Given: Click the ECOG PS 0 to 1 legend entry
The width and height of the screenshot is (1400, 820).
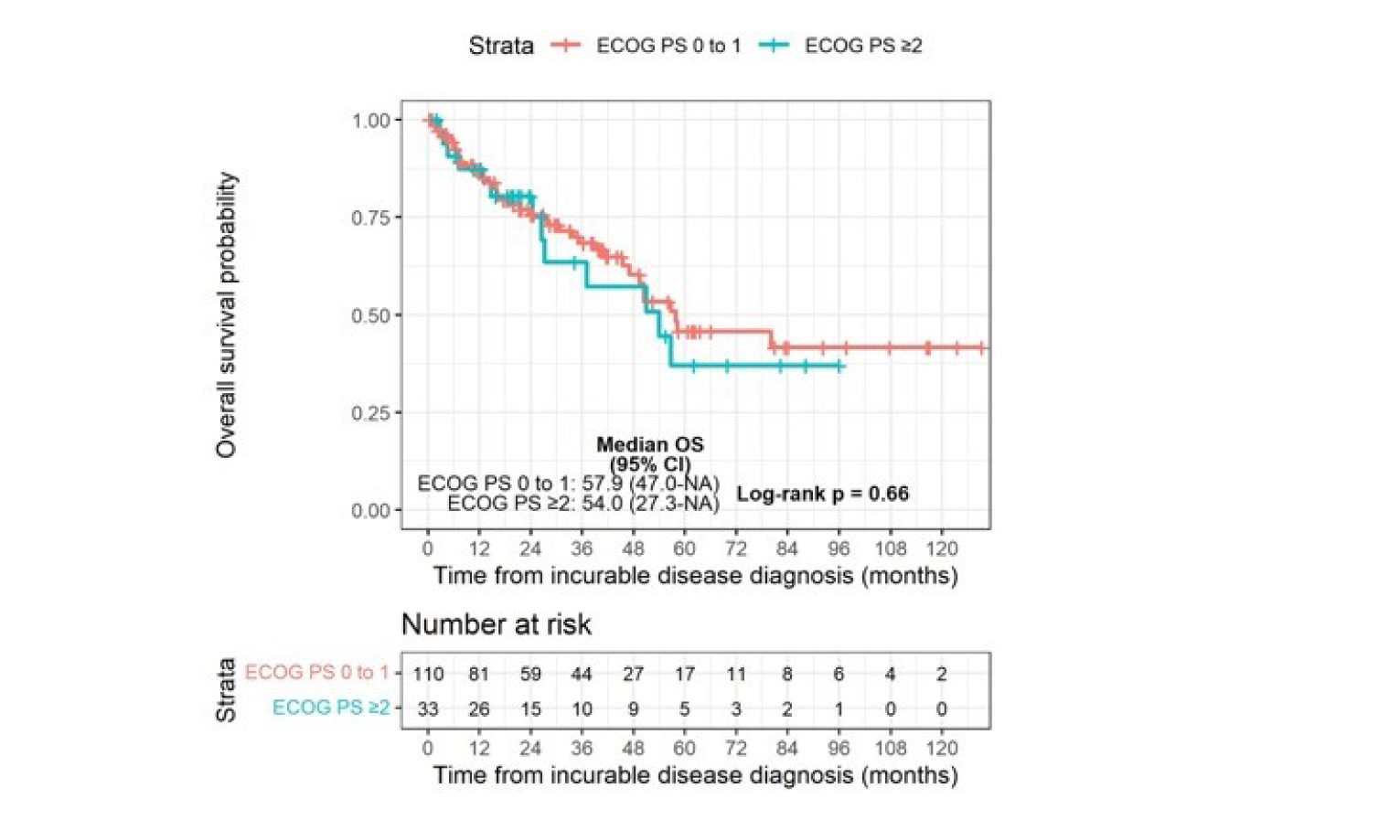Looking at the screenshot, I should [668, 46].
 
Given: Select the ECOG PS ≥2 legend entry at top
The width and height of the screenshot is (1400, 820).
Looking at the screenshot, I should [862, 46].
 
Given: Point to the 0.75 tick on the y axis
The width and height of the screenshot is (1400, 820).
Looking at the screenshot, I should [371, 218].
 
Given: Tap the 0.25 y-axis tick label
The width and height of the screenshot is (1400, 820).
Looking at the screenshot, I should [371, 413].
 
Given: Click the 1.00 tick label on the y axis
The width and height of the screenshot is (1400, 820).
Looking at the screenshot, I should [371, 121].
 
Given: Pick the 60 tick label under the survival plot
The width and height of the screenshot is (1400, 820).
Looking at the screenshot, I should [684, 548].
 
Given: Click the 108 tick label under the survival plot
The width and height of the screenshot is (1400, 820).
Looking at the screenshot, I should [890, 548].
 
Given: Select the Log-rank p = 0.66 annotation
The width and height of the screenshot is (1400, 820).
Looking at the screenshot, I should [822, 494].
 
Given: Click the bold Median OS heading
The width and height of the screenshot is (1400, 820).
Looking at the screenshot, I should [650, 445].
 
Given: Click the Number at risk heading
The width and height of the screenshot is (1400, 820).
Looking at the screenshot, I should [496, 624].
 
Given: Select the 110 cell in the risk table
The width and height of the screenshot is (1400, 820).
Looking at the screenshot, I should [428, 674].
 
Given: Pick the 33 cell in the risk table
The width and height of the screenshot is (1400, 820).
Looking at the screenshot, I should [428, 708].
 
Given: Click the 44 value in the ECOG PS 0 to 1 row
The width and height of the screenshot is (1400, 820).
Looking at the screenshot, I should [582, 674].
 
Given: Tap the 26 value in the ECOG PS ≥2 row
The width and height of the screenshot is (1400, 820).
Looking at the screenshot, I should [479, 708].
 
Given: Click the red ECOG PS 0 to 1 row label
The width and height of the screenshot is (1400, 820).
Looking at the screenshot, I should [316, 673].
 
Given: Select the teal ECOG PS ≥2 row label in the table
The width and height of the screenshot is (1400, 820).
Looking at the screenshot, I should [331, 708].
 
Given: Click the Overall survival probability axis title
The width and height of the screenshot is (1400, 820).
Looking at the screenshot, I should [226, 314].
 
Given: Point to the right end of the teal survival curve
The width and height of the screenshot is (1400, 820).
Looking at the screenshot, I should [841, 367].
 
